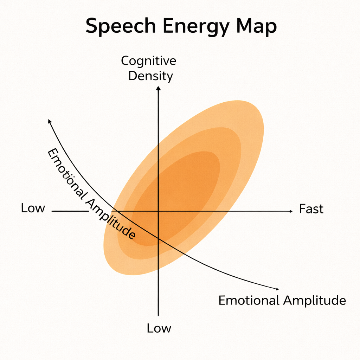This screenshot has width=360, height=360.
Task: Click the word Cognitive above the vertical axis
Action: pyautogui.click(x=149, y=61)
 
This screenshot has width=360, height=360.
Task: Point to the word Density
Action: pyautogui.click(x=150, y=76)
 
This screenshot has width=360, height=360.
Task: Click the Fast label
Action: pyautogui.click(x=311, y=209)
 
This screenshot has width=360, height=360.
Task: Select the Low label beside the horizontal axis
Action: pyautogui.click(x=33, y=208)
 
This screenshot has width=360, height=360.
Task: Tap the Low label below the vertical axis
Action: pyautogui.click(x=159, y=328)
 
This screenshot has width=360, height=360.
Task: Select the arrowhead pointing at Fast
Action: pyautogui.click(x=290, y=211)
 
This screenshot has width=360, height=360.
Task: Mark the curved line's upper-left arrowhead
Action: pyautogui.click(x=50, y=121)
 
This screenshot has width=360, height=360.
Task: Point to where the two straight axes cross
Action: pyautogui.click(x=159, y=211)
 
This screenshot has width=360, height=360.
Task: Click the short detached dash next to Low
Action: pyautogui.click(x=70, y=211)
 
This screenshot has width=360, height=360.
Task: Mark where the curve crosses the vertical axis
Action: pyautogui.click(x=159, y=239)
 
